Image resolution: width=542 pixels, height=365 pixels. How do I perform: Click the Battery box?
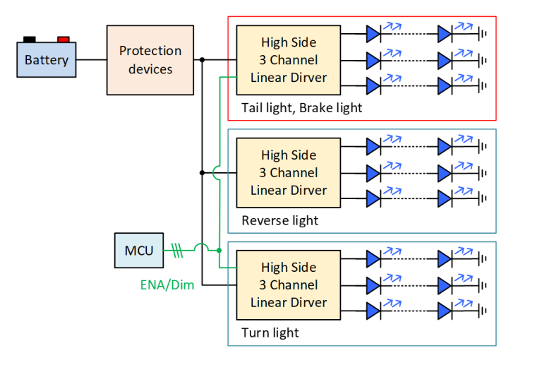coord(47,60)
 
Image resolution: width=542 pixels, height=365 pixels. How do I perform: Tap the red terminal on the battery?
coord(64,40)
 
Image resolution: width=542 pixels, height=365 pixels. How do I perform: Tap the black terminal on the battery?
coord(30,40)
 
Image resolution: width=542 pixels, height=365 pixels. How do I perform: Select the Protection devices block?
coord(150,60)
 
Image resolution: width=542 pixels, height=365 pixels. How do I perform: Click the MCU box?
coord(139,251)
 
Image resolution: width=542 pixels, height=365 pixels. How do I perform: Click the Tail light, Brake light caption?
coord(301,108)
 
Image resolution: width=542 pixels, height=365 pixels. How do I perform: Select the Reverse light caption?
coord(279,220)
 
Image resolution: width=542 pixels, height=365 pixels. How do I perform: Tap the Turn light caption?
coord(270,333)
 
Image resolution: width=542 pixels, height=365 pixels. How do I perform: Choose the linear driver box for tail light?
coord(289,60)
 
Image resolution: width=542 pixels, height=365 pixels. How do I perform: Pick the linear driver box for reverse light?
coord(289,172)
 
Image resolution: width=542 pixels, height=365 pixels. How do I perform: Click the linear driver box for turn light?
coord(289,285)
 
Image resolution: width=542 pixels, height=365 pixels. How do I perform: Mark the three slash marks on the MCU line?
coord(177,251)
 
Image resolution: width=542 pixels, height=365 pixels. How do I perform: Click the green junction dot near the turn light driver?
coord(219,251)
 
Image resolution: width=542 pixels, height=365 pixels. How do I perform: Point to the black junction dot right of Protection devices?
coord(203,60)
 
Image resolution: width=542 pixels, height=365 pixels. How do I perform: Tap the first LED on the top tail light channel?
coord(373,33)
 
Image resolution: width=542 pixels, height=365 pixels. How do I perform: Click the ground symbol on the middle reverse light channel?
coord(483,172)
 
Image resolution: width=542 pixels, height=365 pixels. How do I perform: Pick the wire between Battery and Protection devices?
coord(91,60)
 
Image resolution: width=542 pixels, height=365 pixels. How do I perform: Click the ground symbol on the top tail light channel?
coord(483,33)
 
